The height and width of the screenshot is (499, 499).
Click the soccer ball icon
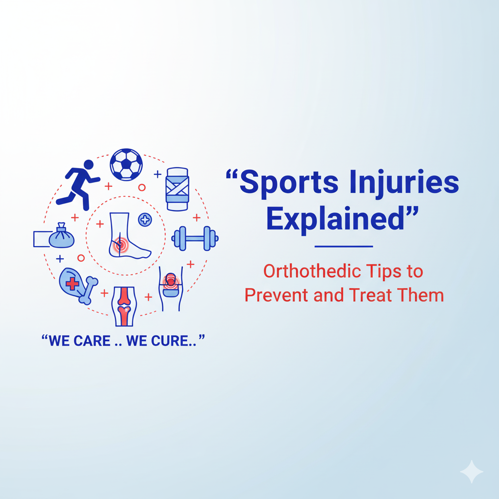126,165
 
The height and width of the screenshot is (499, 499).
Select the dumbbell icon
195,238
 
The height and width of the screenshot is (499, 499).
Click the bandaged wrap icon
177,189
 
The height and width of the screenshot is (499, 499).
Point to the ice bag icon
61,237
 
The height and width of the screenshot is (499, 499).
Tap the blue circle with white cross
145,220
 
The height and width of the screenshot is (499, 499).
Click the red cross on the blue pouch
72,283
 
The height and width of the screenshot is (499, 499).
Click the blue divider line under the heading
344,247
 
